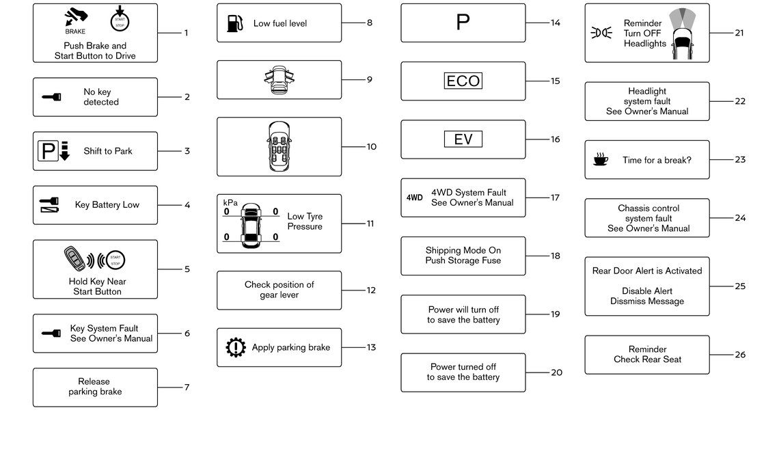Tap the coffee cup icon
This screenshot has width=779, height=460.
tap(600, 160)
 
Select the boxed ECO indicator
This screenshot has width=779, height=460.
tap(463, 81)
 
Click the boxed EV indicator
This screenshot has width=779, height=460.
tap(463, 139)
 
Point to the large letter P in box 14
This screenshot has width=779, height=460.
tap(463, 23)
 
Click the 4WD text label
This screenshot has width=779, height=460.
tap(415, 198)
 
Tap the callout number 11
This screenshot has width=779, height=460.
tap(370, 224)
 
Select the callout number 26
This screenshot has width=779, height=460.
tap(740, 355)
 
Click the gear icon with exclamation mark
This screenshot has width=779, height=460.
tap(235, 347)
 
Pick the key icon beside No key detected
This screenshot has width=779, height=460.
tap(51, 97)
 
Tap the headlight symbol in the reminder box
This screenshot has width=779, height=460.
tap(601, 33)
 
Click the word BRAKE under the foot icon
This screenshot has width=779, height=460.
tap(75, 31)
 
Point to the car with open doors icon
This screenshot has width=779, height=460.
tap(279, 79)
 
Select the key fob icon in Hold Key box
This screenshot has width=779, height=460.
tap(74, 259)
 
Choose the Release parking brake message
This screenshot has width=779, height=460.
tap(94, 387)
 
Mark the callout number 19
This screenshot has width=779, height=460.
tap(555, 314)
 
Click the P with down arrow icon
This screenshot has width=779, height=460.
tap(53, 151)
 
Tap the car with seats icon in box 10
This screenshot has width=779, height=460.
tap(279, 146)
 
